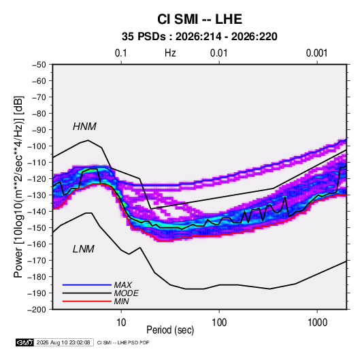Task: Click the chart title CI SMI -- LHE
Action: click(199, 19)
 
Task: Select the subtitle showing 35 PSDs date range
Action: click(199, 37)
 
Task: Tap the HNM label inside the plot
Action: click(84, 127)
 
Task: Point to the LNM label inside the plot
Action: click(84, 249)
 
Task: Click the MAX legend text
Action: click(122, 284)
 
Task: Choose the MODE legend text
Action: click(126, 293)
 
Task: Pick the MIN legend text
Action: click(121, 301)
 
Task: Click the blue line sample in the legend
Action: click(87, 284)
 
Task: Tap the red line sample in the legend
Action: click(87, 301)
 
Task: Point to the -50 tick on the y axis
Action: click(39, 65)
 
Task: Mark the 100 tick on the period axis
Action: click(219, 323)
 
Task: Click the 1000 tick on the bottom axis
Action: click(317, 323)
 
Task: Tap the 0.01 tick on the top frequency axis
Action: click(218, 53)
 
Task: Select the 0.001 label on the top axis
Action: click(316, 53)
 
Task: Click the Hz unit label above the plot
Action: click(170, 53)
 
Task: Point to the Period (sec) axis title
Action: click(170, 330)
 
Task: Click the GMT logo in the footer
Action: click(24, 342)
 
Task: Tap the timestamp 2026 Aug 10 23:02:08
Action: click(63, 342)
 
